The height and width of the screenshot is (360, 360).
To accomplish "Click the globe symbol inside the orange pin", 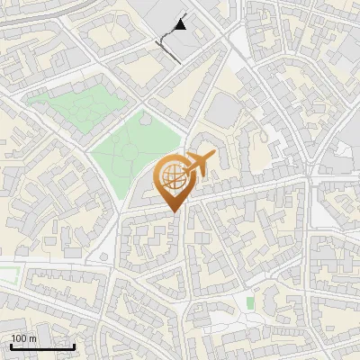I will pos(174,176).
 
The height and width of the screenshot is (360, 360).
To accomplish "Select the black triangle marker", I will pos(182,25).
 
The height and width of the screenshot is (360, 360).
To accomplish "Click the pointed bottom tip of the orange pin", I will pos(174,211).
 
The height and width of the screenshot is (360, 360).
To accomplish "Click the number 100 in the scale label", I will pos(19,338).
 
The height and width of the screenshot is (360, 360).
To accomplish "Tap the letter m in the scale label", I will pos(33,338).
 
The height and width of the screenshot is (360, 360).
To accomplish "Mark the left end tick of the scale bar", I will pos(11,346).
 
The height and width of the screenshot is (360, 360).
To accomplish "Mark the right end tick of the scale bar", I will pos(74,346).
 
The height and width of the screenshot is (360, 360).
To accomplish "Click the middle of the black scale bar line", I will pos(42,346).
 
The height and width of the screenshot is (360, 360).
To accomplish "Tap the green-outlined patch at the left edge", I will pos(7,274).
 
